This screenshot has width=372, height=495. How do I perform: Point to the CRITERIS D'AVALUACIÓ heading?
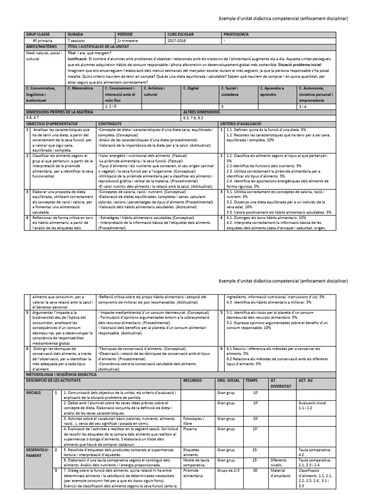click(241, 124)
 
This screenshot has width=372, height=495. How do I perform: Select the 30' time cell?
click(256, 470)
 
